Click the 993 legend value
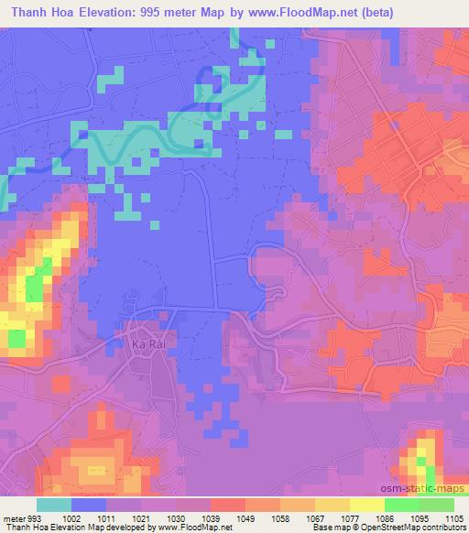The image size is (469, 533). pos(34,518)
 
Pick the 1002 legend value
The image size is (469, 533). pos(72,518)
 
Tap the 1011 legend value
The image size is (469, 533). pos(106,518)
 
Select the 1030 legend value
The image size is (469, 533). pos(175,518)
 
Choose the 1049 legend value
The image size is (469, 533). pos(245,518)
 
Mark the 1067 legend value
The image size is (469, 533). pos(315,518)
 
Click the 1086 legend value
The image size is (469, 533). pos(385,518)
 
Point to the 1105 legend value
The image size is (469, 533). pos(453,518)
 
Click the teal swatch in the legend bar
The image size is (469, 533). pos(54,505)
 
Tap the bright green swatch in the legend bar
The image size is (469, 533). pos(402,505)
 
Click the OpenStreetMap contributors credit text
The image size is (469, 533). pos(412,528)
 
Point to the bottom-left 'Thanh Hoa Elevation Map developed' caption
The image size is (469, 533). pos(82,528)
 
